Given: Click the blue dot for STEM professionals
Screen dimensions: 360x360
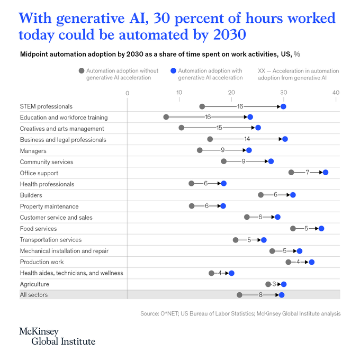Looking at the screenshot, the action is pos(283,106).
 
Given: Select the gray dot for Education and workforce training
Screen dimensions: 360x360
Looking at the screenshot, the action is pos(166,117).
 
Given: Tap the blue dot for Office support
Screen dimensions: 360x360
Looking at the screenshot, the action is pos(326,173).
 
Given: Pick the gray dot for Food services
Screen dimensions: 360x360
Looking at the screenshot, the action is pos(293,229).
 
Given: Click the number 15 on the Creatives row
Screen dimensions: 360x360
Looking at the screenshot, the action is pos(219,128).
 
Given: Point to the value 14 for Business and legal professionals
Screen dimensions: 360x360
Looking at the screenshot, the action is pos(247,139).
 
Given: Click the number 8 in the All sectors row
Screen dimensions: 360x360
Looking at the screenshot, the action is pos(260,295).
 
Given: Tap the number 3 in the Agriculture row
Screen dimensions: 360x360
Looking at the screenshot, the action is pos(274,284).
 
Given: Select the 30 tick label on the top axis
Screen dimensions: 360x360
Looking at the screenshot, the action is pos(284,93).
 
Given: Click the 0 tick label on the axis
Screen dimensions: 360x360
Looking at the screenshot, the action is pos(128,93).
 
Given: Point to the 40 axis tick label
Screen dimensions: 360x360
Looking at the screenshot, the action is pos(336,93).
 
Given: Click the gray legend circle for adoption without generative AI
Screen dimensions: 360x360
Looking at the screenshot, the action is pos(82,71).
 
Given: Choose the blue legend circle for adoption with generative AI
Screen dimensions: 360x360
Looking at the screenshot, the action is pos(173,71).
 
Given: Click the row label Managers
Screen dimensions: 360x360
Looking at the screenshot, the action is pos(33,151).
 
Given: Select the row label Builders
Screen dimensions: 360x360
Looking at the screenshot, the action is pos(31,195).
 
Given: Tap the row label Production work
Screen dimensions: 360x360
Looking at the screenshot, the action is pos(42,262).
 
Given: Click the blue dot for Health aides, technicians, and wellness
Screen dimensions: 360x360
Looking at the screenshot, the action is pos(231,273).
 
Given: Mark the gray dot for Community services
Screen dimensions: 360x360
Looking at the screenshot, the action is pos(223,161).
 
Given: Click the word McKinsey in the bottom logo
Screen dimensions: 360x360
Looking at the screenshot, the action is pos(39,331).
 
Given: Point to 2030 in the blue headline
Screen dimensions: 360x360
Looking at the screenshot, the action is pos(230,34).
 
